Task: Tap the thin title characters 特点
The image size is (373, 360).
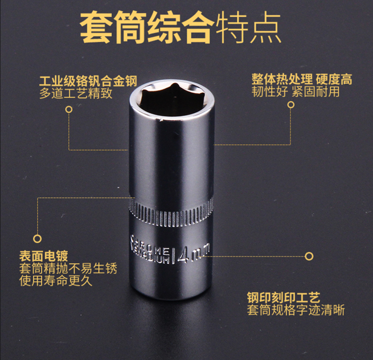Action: [x=248, y=27]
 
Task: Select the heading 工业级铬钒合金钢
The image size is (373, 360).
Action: [x=88, y=81]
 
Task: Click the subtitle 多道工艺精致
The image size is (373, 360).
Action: [x=76, y=93]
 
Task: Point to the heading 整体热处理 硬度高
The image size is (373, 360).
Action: [x=302, y=79]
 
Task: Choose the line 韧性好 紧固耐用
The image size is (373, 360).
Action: [x=296, y=91]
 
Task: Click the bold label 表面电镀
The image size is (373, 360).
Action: [x=43, y=256]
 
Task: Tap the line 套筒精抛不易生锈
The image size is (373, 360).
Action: [x=68, y=269]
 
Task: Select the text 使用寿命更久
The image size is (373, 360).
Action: [x=55, y=281]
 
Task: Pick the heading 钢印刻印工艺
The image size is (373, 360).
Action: [x=283, y=298]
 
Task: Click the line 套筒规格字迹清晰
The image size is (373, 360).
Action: [x=296, y=310]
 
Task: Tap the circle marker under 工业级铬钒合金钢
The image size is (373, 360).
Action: [x=69, y=109]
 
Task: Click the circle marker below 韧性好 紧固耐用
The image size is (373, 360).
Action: [x=290, y=105]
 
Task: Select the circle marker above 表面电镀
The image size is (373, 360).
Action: [x=37, y=238]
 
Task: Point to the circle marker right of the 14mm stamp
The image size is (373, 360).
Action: [x=309, y=256]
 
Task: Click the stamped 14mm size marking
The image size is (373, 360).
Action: [x=192, y=254]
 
